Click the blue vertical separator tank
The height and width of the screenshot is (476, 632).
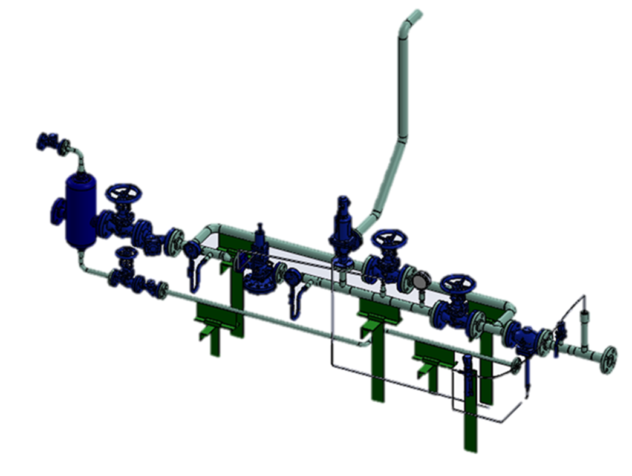click(x=79, y=209)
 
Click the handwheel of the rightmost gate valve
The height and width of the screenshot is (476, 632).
click(x=457, y=282)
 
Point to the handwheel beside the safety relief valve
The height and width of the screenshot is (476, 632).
click(x=388, y=238)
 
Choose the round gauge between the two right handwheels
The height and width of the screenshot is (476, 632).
click(x=420, y=280)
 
